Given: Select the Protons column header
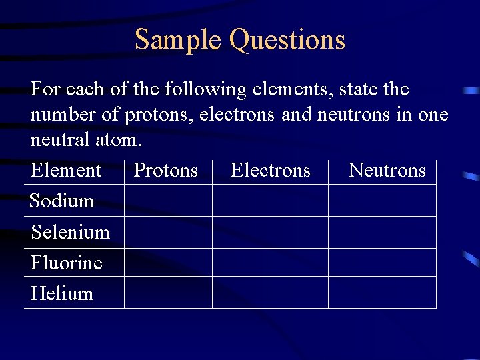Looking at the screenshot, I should pyautogui.click(x=165, y=171).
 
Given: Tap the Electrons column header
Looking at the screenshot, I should pyautogui.click(x=270, y=171).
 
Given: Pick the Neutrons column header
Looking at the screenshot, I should pyautogui.click(x=387, y=171).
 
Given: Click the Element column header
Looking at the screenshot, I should pyautogui.click(x=66, y=171).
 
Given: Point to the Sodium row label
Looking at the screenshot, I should pyautogui.click(x=61, y=201).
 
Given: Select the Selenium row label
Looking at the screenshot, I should pyautogui.click(x=70, y=232).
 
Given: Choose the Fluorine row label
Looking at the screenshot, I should pyautogui.click(x=66, y=263).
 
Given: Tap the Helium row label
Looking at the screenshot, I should pyautogui.click(x=61, y=293).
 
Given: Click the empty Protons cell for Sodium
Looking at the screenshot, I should pyautogui.click(x=168, y=200).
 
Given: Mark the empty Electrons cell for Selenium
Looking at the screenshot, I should pyautogui.click(x=270, y=232).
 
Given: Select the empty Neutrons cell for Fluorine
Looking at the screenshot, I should pyautogui.click(x=382, y=263).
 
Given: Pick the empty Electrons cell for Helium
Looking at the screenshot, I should pyautogui.click(x=270, y=293).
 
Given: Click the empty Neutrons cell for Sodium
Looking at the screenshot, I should pyautogui.click(x=382, y=200).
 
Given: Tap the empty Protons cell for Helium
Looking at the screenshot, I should pyautogui.click(x=168, y=293).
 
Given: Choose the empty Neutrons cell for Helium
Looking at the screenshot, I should pyautogui.click(x=382, y=293).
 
